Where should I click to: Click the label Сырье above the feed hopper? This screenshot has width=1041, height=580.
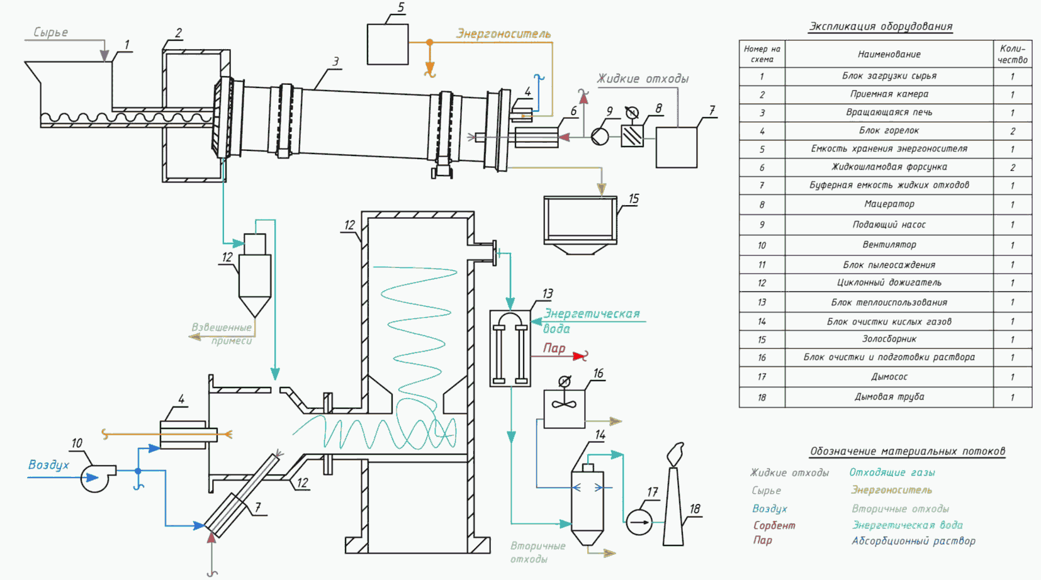coord(50,33)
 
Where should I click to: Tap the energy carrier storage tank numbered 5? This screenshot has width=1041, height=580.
coord(388,45)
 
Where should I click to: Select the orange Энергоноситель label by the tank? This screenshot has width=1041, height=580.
coord(504,34)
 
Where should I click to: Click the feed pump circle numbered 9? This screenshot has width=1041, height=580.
coord(600,137)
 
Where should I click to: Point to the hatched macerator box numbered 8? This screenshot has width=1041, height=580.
coord(633,136)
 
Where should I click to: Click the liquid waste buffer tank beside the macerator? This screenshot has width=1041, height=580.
coord(676,147)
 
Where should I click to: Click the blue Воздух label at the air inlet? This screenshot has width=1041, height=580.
coord(49,465)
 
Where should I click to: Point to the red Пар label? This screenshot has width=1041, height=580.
coord(554,349)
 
